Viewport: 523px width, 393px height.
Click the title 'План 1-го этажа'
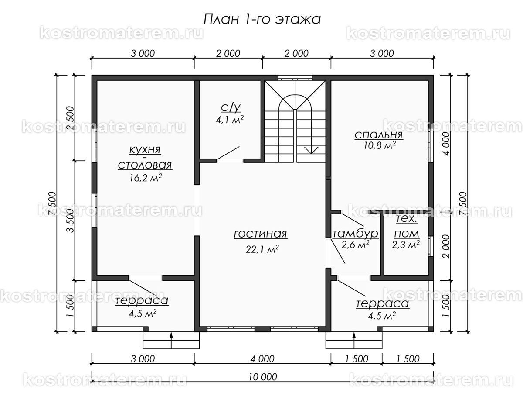[x=262, y=19]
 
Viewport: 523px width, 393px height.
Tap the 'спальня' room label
[x=379, y=135]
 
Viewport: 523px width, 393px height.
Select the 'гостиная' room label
[x=261, y=234]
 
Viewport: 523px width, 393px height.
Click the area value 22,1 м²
[x=262, y=249]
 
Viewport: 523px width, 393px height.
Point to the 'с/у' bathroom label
[x=231, y=107]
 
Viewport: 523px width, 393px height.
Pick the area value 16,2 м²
[x=146, y=178]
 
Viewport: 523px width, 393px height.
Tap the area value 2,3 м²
[x=406, y=245]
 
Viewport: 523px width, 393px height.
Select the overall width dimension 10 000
[x=263, y=377]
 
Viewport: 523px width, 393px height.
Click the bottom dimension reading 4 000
[x=262, y=359]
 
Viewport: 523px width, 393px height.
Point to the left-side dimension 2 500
[x=71, y=118]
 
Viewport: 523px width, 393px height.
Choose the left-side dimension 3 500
[x=71, y=221]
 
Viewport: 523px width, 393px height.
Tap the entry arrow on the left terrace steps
[x=171, y=341]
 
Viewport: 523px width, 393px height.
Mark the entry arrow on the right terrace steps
[x=354, y=341]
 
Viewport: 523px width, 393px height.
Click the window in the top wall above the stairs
[x=295, y=78]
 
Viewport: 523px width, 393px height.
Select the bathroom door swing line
[x=228, y=153]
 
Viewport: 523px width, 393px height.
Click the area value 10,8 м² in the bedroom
[x=380, y=145]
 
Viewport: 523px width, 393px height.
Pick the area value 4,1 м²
[x=230, y=120]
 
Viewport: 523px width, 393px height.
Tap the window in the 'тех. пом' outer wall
[x=431, y=246]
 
